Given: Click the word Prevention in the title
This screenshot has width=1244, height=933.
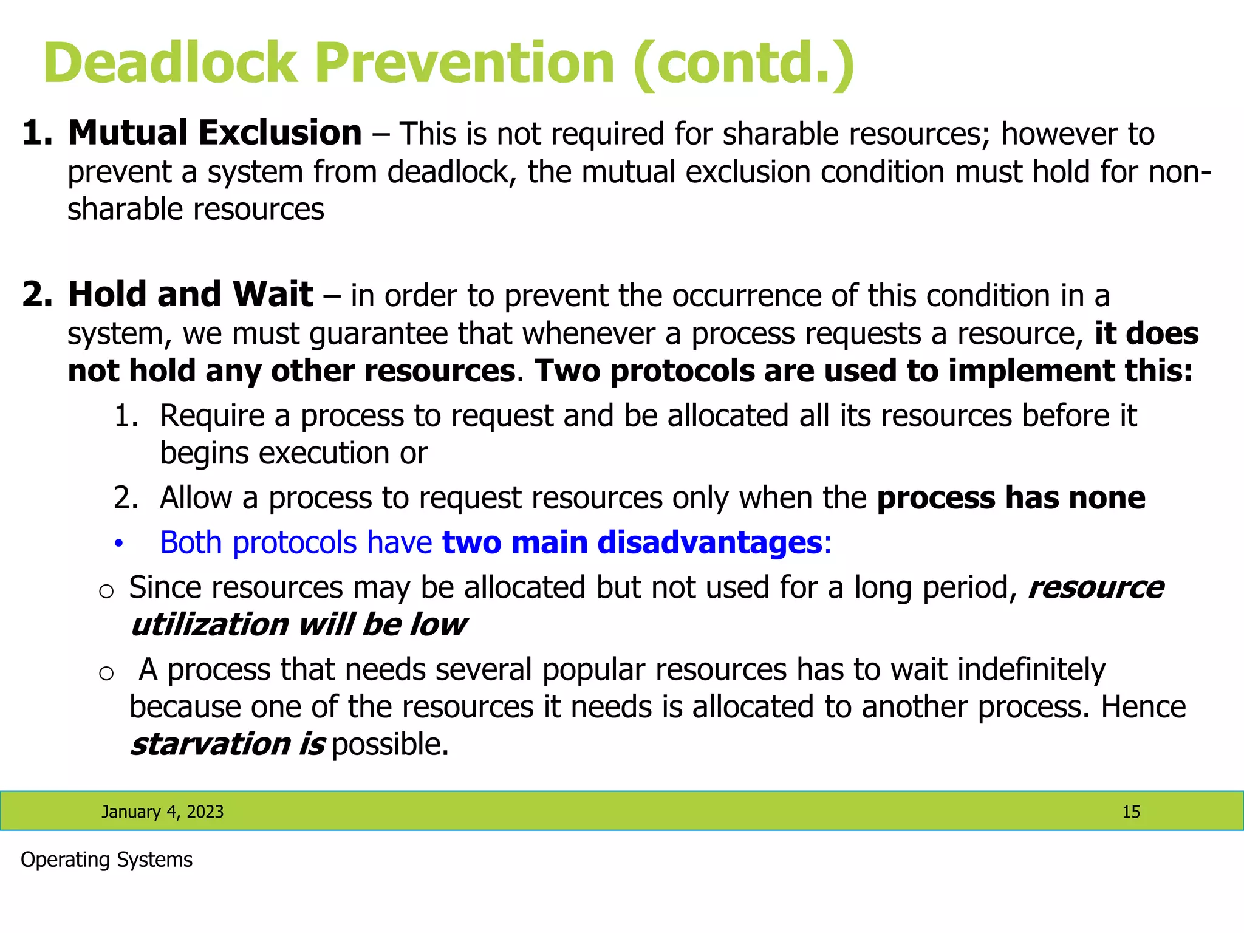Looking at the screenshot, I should [x=465, y=63].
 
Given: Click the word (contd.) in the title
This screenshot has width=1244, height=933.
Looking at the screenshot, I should [x=743, y=63].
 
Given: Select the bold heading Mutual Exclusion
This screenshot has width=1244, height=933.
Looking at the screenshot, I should [x=214, y=133].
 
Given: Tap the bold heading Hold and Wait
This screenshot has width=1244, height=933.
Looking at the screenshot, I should [x=190, y=295].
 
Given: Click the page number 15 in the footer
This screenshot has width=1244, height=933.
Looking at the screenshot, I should [x=1130, y=812].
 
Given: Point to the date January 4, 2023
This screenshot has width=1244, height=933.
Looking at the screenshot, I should [x=162, y=812].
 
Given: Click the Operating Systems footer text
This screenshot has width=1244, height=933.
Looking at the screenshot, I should [x=106, y=860].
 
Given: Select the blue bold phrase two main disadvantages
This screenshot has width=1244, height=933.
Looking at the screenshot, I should [x=632, y=542].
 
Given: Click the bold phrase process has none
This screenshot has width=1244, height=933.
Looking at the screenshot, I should [x=1011, y=498].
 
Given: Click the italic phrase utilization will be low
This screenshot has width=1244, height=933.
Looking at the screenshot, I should [x=298, y=625].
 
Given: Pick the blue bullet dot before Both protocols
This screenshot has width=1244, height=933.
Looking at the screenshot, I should [x=119, y=544].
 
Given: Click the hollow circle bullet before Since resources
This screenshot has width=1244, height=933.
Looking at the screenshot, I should [x=106, y=591].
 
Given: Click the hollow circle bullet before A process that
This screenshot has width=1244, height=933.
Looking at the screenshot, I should [x=106, y=672].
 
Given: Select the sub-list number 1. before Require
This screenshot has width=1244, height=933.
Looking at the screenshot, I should [x=126, y=417].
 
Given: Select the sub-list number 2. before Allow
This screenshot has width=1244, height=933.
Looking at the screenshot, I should [x=126, y=498].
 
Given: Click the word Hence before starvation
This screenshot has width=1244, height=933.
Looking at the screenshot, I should [x=1143, y=708].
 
